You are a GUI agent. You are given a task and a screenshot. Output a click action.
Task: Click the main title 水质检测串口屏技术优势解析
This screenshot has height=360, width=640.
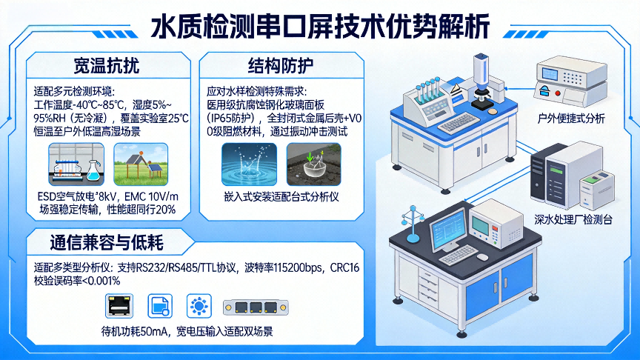(x=321, y=27)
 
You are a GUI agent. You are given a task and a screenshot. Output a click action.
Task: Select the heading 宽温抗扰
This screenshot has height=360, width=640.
(x=107, y=65)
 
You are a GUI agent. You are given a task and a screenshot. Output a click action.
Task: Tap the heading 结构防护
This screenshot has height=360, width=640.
(x=281, y=65)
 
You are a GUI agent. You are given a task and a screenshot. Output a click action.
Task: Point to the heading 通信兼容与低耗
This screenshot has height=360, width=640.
(x=107, y=242)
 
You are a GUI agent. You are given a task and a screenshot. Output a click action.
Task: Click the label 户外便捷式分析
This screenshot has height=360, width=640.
(x=571, y=119)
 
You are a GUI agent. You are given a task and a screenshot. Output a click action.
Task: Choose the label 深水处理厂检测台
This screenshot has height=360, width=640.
(x=573, y=219)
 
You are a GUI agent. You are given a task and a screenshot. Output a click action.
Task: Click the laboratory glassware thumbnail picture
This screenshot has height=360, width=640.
(x=76, y=164)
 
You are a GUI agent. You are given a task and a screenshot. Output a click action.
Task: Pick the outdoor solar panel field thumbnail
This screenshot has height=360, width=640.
(x=141, y=164)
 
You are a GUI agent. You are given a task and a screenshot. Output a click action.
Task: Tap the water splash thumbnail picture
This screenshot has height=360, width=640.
(x=249, y=164)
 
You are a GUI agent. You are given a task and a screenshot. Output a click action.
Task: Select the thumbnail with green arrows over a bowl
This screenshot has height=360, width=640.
(x=314, y=164)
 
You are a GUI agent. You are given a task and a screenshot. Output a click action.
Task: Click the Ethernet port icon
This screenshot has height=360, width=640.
(x=119, y=306)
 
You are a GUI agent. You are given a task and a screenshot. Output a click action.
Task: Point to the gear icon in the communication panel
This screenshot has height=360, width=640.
(x=199, y=306)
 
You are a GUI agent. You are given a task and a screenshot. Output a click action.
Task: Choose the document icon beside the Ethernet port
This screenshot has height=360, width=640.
(x=160, y=306)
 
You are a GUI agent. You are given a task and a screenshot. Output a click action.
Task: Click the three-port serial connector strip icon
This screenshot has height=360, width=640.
(x=256, y=307)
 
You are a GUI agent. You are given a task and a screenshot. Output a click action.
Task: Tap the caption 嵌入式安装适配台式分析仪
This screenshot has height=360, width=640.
(x=281, y=197)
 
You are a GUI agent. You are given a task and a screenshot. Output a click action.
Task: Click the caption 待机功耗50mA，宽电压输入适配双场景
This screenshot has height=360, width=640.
(x=187, y=331)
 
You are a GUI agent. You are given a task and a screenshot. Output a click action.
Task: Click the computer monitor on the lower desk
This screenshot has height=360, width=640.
(x=448, y=230)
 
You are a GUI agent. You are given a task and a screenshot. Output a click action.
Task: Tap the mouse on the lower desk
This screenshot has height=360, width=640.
(x=482, y=257)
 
